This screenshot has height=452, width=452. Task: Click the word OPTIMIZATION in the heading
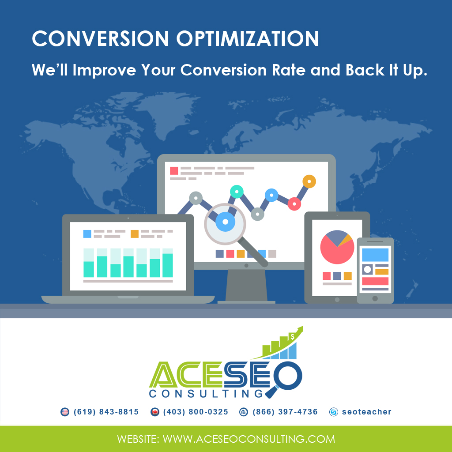[247, 38]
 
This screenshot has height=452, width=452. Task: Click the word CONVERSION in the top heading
[100, 38]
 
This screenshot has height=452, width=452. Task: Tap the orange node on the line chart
[309, 181]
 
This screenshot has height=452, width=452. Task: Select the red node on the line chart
[294, 204]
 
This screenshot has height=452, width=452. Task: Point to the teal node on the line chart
[237, 192]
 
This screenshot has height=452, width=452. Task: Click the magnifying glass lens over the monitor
[225, 223]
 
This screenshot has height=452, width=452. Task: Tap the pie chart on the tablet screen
[337, 247]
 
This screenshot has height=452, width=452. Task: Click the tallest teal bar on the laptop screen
[167, 265]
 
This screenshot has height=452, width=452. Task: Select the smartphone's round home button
[375, 298]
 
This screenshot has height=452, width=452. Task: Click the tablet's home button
[337, 300]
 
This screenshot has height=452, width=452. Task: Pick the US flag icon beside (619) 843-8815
[65, 412]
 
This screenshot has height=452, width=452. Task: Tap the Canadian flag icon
[155, 412]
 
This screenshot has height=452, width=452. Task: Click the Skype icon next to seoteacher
[334, 412]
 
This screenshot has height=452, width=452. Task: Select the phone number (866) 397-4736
[285, 412]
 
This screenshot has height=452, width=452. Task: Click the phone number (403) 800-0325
[196, 412]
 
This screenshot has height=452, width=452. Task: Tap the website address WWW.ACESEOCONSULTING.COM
[249, 439]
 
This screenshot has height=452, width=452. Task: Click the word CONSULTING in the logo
[206, 393]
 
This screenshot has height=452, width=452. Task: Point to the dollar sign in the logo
[292, 337]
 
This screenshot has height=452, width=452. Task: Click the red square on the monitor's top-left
[174, 171]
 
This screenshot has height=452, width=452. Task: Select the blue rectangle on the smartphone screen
[375, 255]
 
